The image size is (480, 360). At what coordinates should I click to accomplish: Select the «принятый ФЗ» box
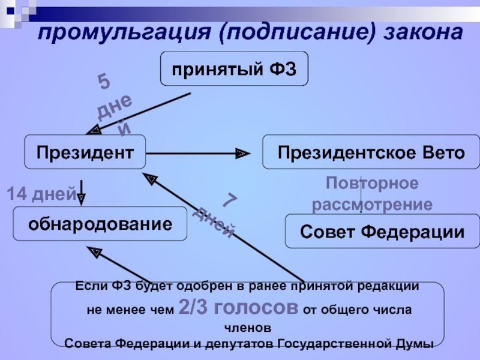235,68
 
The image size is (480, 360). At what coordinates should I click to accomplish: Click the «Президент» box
85,152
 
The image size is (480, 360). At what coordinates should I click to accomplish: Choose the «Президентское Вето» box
371,152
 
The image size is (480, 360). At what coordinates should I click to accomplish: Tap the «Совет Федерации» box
382,232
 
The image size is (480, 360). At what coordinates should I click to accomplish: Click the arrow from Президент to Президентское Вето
198,154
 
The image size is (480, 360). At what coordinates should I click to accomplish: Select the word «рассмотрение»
372,204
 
